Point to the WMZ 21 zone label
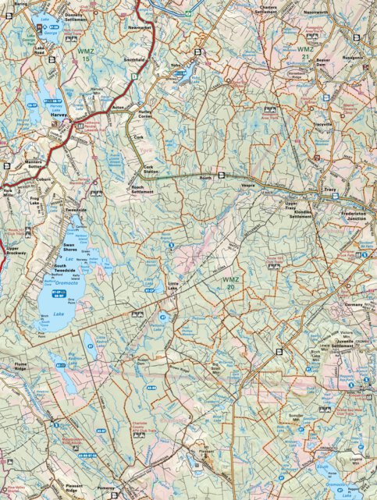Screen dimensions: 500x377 point(305,52)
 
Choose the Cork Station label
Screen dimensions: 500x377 point(150,169)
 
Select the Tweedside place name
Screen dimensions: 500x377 point(75,211)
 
